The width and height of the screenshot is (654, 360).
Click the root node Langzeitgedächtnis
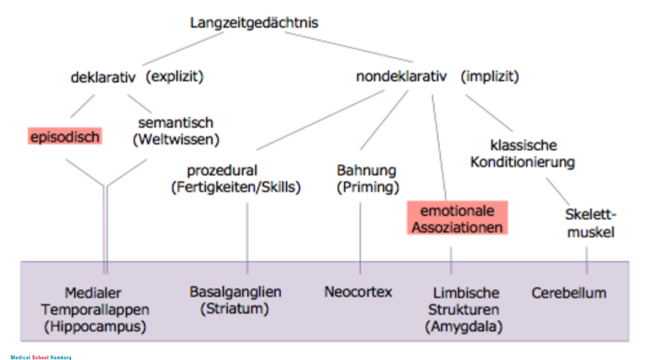click(254, 23)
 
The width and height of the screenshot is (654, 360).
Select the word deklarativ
click(104, 77)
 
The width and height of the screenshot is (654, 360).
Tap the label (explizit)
click(175, 76)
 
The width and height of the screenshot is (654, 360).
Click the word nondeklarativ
click(401, 77)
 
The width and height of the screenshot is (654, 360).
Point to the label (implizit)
click(489, 76)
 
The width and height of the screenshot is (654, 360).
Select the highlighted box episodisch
click(64, 137)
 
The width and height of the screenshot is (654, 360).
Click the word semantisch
click(175, 123)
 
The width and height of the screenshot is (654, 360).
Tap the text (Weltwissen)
click(176, 140)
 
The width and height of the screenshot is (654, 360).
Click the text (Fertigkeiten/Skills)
click(236, 187)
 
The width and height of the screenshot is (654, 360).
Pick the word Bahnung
click(366, 171)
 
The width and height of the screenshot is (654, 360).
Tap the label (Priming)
click(368, 187)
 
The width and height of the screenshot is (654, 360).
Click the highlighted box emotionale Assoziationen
click(458, 218)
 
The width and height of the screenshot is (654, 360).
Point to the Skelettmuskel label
click(590, 223)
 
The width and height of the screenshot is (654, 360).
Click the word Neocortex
click(358, 292)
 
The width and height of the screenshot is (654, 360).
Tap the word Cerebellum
click(569, 293)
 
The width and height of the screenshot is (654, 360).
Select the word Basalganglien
click(235, 292)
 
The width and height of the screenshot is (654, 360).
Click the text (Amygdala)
click(464, 327)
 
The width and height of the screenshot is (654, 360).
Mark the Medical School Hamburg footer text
click(41, 357)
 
